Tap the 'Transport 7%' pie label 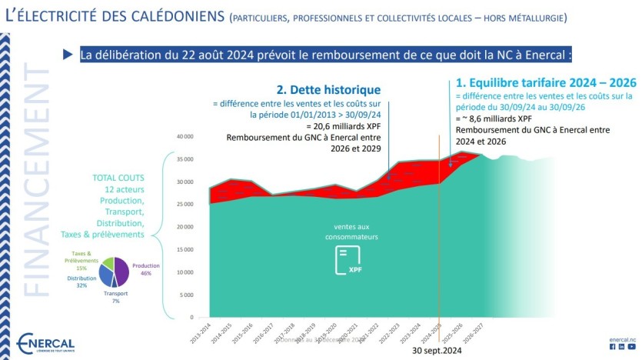pos(115,297)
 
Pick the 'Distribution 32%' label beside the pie pos(81,282)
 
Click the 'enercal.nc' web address pos(622,338)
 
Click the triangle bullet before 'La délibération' pos(67,55)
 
